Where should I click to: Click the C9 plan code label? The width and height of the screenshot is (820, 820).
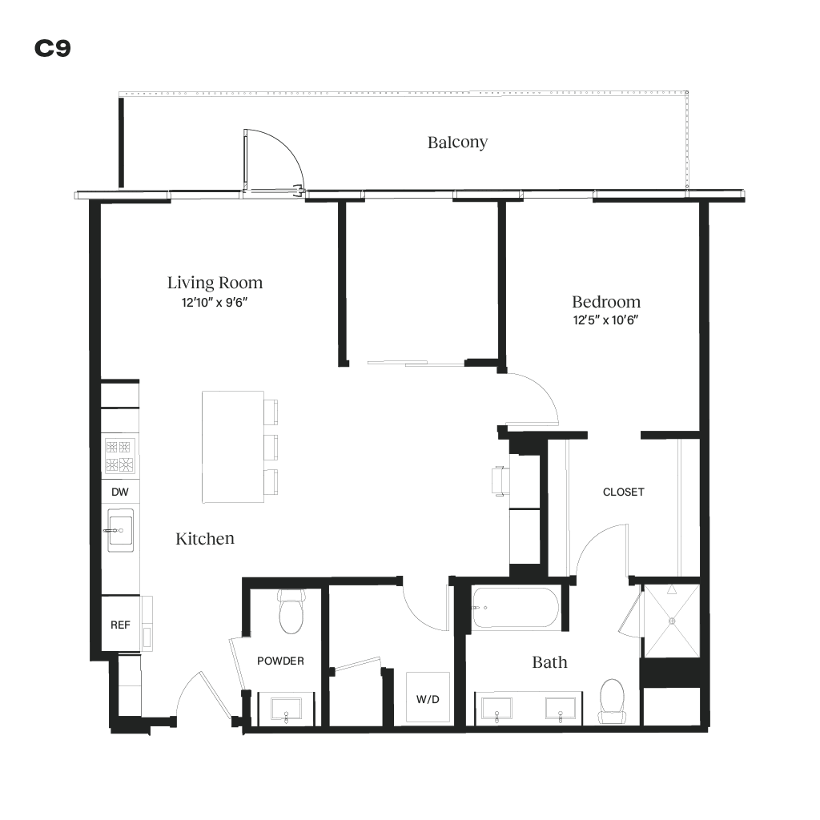coord(53,49)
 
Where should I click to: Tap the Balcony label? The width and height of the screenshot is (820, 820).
coord(457,143)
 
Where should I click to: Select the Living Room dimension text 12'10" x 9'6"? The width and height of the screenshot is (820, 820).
coord(215,303)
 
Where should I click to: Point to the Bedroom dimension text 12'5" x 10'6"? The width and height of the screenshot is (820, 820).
coord(605,320)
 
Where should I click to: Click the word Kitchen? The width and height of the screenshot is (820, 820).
coord(205,539)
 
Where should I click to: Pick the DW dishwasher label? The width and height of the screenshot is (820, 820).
coord(119,492)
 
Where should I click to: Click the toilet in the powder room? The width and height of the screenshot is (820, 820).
coord(290,613)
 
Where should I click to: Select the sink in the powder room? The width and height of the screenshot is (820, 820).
coord(286,709)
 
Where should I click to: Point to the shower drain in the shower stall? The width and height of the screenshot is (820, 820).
coord(672,619)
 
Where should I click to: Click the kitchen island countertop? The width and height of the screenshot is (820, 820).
coord(233,446)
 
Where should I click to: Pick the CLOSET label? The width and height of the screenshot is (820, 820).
coord(623,492)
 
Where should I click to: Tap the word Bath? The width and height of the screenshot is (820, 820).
coord(549,662)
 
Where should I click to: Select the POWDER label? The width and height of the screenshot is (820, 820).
coord(280,661)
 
